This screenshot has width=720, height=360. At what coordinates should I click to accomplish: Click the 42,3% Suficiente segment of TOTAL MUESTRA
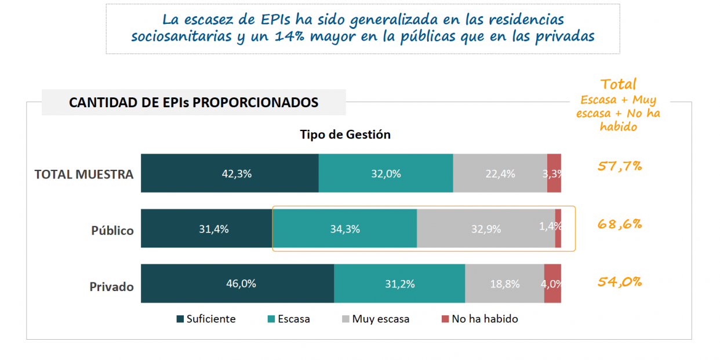pos(230,173)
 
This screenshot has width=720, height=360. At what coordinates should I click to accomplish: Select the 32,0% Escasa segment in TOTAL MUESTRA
pos(386,173)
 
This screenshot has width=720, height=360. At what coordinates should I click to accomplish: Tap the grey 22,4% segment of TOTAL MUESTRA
pos(500,173)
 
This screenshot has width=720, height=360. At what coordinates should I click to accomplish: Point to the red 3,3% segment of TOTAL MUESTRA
pos(554,173)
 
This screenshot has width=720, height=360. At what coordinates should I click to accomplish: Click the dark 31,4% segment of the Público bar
pos(206,228)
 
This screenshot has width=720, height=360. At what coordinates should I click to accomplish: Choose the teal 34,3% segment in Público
pos(344,228)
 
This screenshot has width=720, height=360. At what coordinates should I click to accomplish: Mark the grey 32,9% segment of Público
pos(486,228)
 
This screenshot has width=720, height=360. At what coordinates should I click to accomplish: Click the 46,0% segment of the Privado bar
pos(237,283)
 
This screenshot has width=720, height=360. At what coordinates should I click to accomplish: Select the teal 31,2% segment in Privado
pos(399,283)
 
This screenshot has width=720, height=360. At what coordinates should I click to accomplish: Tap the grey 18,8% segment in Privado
pos(504,283)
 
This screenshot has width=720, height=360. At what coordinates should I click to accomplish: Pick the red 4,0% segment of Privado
pos(552,283)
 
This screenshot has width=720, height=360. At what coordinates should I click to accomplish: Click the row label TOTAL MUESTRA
pos(84,174)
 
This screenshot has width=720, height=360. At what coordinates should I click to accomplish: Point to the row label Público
pos(112,230)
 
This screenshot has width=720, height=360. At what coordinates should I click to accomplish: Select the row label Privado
pos(111,286)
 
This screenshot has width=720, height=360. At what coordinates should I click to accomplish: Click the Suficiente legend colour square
pos(180,319)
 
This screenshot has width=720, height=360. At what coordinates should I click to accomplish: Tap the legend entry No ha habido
pos(485,319)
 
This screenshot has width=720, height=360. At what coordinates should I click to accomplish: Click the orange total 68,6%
pos(620,224)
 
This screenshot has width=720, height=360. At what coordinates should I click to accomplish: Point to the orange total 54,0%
pos(620,282)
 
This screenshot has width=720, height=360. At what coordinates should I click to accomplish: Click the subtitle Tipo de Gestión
pos(345,134)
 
